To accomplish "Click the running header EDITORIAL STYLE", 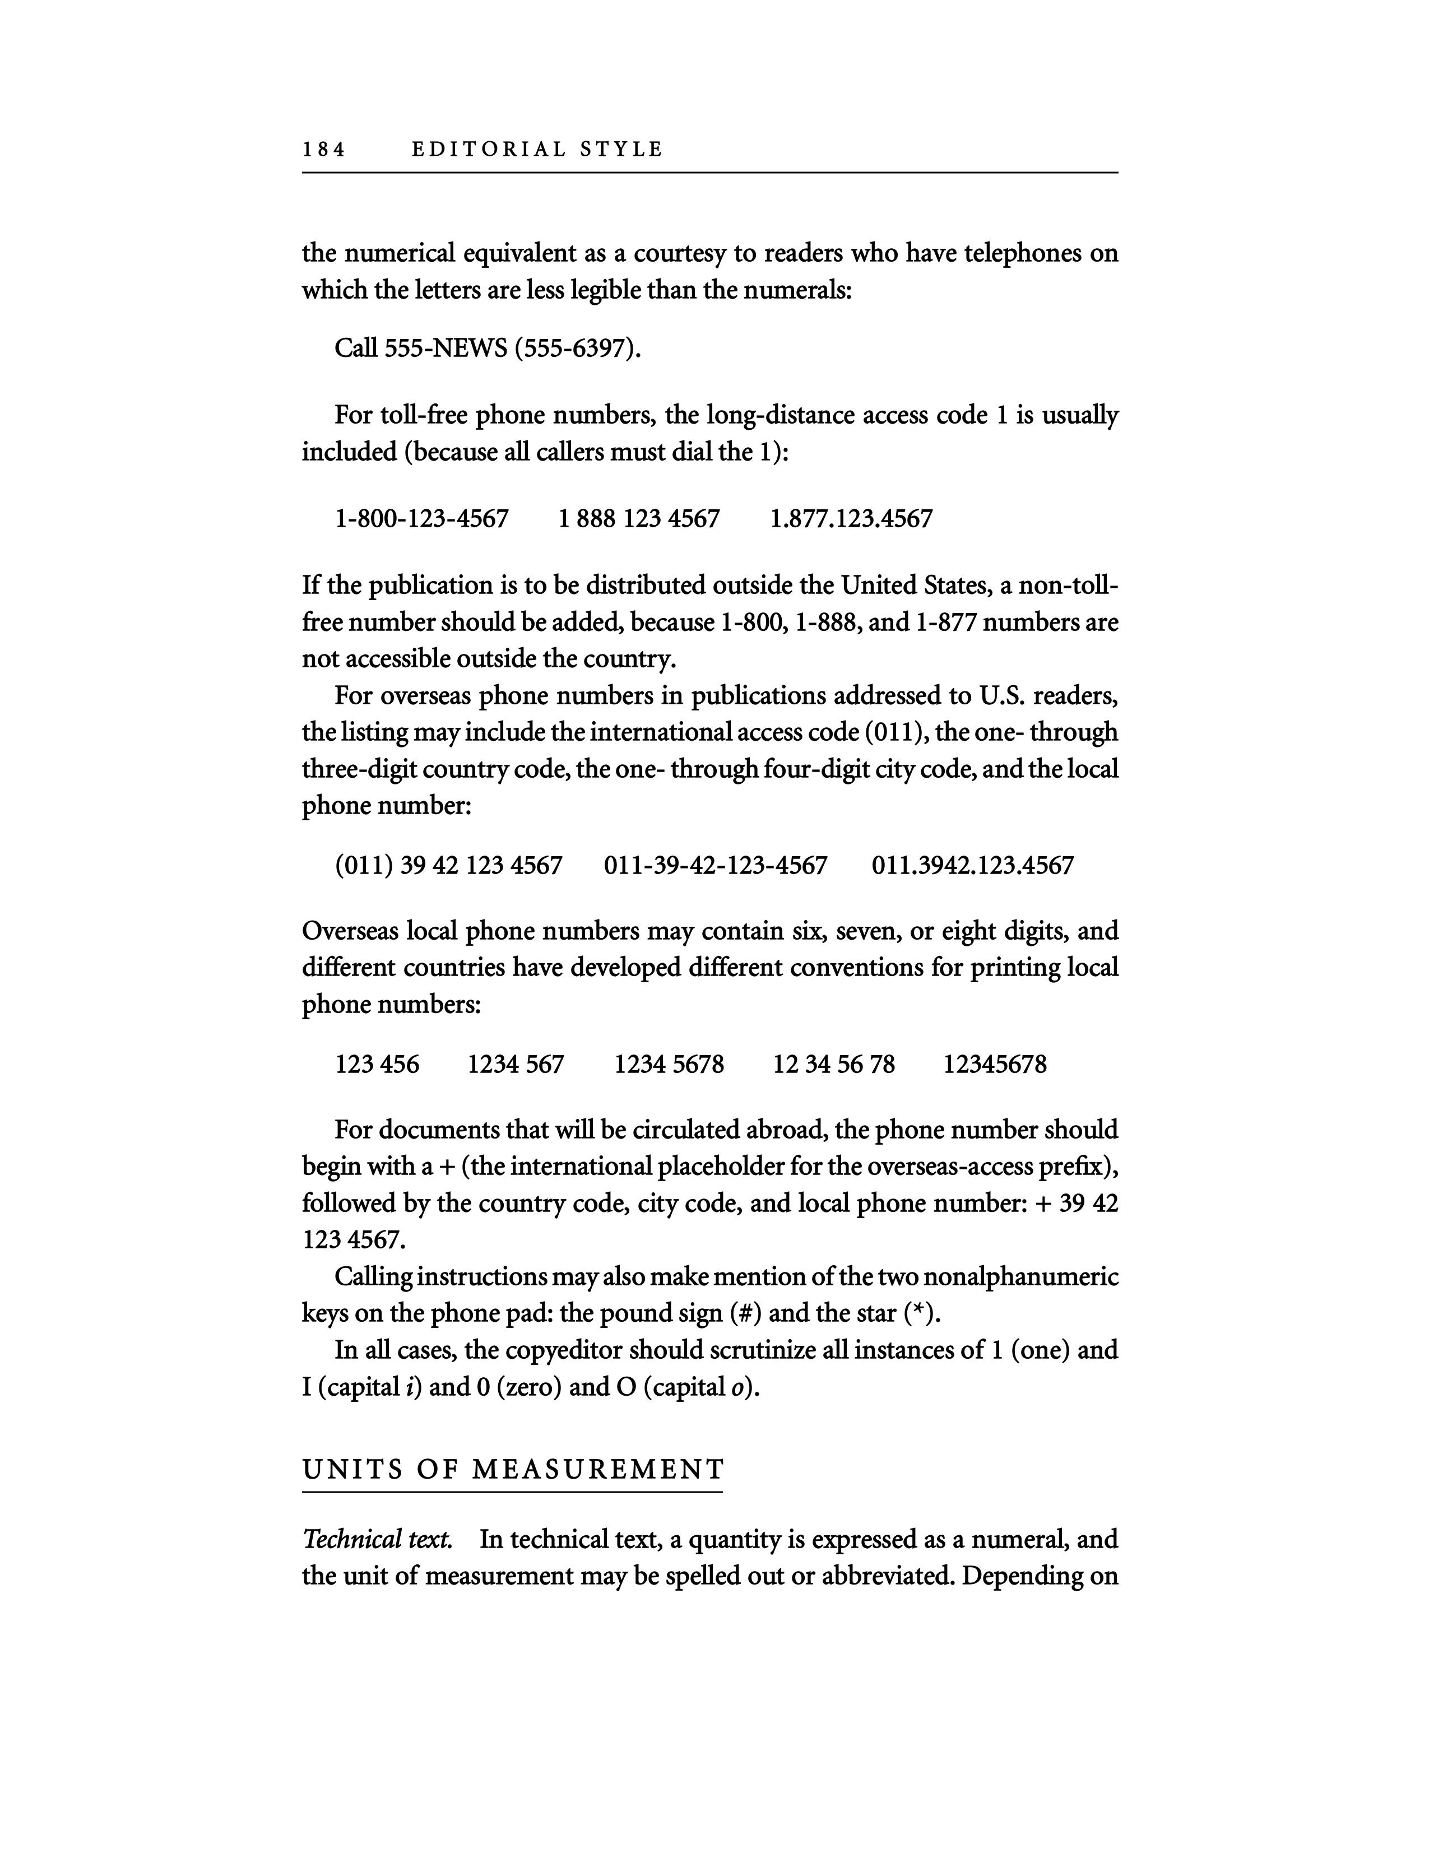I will [x=537, y=150].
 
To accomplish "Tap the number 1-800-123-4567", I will [x=421, y=518].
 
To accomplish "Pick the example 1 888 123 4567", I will [x=639, y=518].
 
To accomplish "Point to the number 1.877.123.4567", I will [x=851, y=518].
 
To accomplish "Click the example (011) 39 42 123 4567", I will [x=449, y=865].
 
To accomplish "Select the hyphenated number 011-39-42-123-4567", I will [x=716, y=865].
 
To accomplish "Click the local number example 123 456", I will [x=377, y=1064].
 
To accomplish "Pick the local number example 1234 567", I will [x=516, y=1064].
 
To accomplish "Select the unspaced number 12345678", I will [x=995, y=1064].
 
